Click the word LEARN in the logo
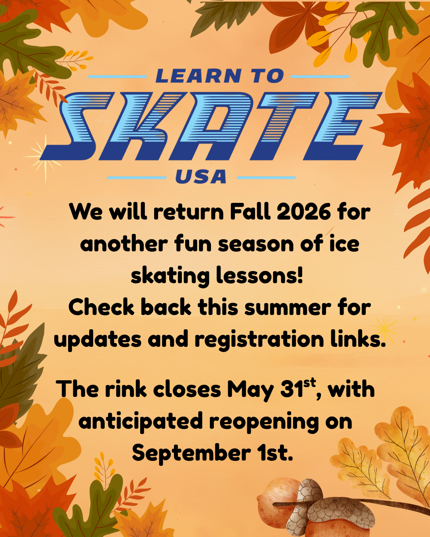click(x=198, y=76)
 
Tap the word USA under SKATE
click(x=201, y=177)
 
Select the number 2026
click(x=303, y=212)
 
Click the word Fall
click(x=250, y=212)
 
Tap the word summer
click(x=287, y=307)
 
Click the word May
click(x=250, y=390)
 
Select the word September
click(x=191, y=453)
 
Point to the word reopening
click(x=264, y=422)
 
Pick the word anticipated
click(x=141, y=421)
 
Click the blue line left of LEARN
click(x=117, y=76)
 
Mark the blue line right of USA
click(x=266, y=177)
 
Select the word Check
click(x=102, y=307)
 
